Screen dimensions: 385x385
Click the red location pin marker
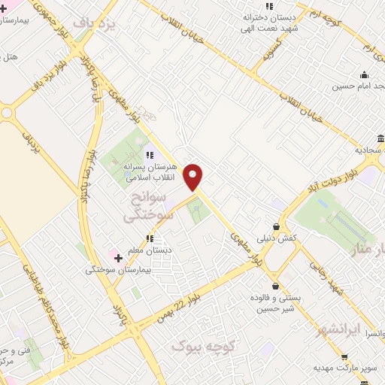pyautogui.click(x=194, y=177)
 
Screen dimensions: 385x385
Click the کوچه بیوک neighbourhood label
pyautogui.click(x=204, y=346)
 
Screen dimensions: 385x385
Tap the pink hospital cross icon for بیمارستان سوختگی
pyautogui.click(x=118, y=258)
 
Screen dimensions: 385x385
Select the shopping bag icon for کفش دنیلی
pyautogui.click(x=276, y=226)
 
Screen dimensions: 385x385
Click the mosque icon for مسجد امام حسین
pyautogui.click(x=365, y=74)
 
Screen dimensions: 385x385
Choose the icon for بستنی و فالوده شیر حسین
pyautogui.click(x=276, y=286)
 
